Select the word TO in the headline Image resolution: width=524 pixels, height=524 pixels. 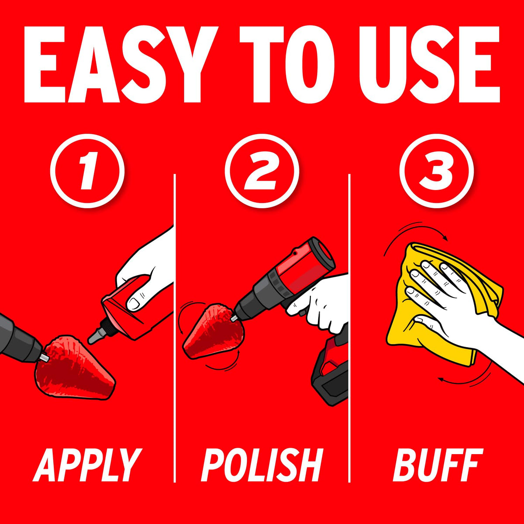point(286,65)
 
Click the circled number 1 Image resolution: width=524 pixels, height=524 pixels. point(87,171)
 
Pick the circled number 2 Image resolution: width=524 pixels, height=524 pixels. point(262,171)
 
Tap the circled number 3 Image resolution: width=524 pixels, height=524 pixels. point(436,171)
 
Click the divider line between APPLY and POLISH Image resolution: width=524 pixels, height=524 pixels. point(175,328)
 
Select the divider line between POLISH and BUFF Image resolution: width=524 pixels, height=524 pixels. point(349,328)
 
